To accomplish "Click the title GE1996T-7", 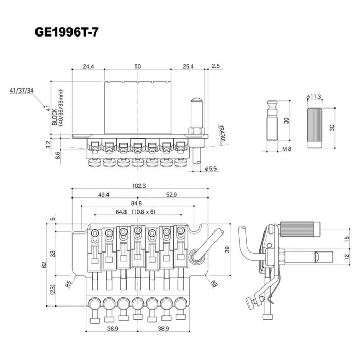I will (66, 32).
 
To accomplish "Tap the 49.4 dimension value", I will (104, 195).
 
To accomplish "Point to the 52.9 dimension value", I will (171, 195).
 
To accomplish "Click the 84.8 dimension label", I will (137, 204).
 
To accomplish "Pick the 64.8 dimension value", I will (121, 212).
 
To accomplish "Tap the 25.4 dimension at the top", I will (188, 66).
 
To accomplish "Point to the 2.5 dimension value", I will (215, 66).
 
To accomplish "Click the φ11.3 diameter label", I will (313, 97).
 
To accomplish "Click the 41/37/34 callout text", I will (21, 91).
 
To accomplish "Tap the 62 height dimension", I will (44, 265).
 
